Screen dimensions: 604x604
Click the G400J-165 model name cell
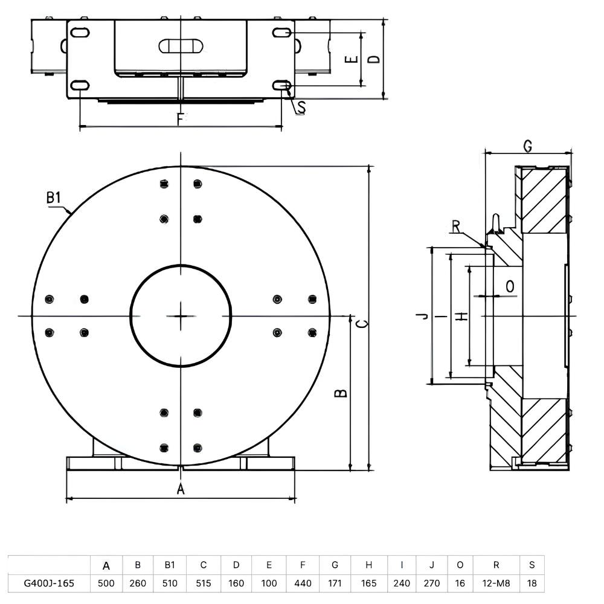[x=49, y=583]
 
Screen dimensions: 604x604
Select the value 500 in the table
[x=106, y=583]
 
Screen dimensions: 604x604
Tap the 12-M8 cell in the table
[x=496, y=583]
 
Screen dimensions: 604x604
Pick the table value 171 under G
[x=335, y=583]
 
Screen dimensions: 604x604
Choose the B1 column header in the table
[x=170, y=565]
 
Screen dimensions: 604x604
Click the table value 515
[x=204, y=583]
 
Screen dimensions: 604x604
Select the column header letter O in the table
[x=460, y=565]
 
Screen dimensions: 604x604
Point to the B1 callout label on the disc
[x=54, y=198]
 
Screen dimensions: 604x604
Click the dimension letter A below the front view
[x=181, y=489]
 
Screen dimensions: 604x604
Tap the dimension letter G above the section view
[x=528, y=146]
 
